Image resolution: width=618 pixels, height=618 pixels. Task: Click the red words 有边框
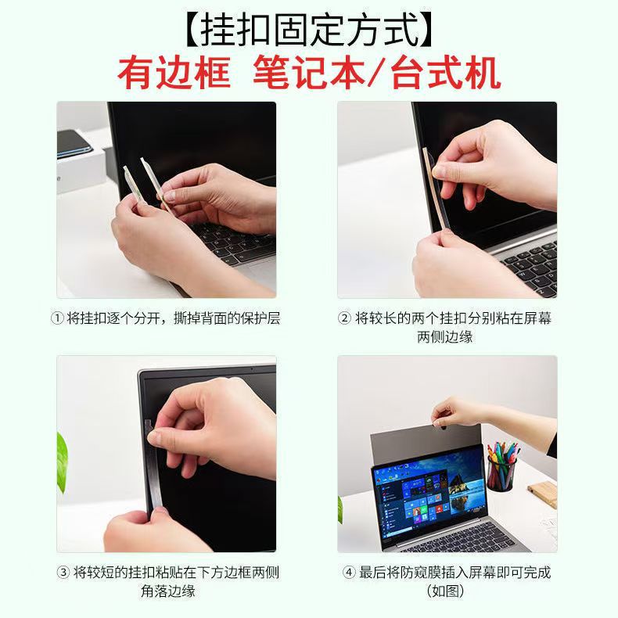click(174, 74)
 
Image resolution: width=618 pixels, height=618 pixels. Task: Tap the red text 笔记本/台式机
click(377, 74)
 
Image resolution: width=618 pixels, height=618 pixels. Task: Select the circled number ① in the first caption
click(58, 318)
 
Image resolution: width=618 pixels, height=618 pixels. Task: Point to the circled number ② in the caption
click(344, 318)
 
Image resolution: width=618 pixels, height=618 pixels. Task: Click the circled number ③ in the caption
click(63, 573)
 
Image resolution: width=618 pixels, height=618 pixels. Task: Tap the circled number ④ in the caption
click(349, 573)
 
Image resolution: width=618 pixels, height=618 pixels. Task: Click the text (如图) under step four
click(445, 591)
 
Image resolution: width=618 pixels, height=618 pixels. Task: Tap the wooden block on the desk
click(544, 494)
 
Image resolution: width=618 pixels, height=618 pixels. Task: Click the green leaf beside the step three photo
click(62, 462)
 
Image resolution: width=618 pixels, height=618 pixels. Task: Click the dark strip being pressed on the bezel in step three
click(153, 469)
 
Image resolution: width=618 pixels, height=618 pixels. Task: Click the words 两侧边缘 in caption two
click(444, 337)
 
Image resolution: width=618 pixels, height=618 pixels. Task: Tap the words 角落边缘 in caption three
click(168, 591)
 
